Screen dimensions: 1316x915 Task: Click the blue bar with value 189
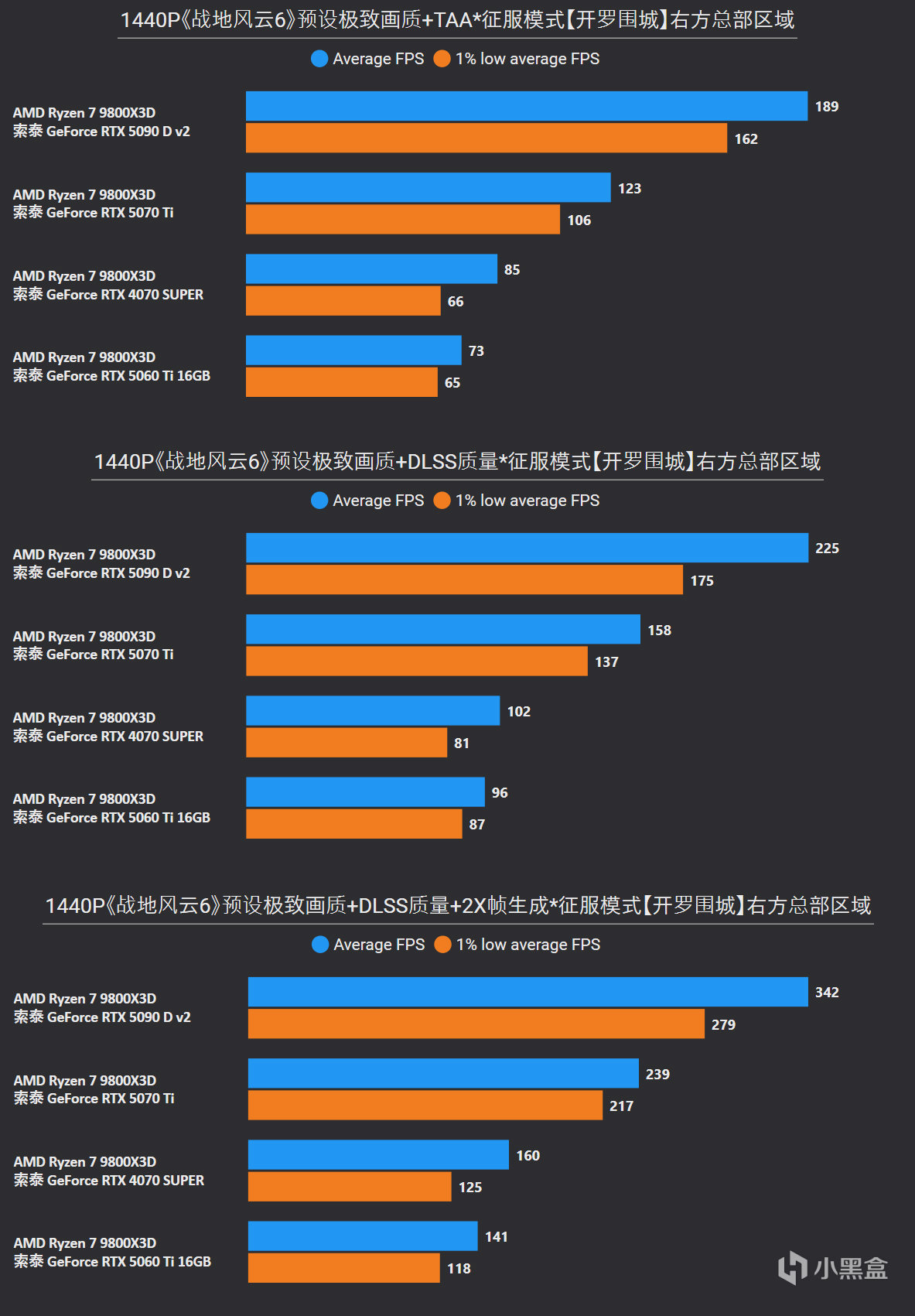526,106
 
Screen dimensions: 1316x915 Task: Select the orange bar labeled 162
486,138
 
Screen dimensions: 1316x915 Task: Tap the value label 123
630,188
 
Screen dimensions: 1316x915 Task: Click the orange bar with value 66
343,301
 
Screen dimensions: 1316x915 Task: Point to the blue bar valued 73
353,350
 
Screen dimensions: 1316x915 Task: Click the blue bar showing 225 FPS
527,548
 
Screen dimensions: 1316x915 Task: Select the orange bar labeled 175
464,580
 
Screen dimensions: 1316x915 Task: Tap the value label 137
606,662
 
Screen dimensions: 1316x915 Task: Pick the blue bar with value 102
373,711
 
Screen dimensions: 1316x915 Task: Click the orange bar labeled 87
353,824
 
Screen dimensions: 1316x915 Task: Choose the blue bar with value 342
527,992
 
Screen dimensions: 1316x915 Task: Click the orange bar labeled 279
476,1024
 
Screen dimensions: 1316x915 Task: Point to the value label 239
657,1074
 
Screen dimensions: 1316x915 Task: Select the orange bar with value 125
350,1187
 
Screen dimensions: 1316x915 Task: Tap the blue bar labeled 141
363,1236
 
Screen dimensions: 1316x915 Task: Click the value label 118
459,1269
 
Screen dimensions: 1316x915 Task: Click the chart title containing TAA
457,20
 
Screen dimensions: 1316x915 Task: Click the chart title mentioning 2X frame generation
458,905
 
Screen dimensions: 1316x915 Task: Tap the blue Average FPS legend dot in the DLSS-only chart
319,501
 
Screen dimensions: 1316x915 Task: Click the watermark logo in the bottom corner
832,1268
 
